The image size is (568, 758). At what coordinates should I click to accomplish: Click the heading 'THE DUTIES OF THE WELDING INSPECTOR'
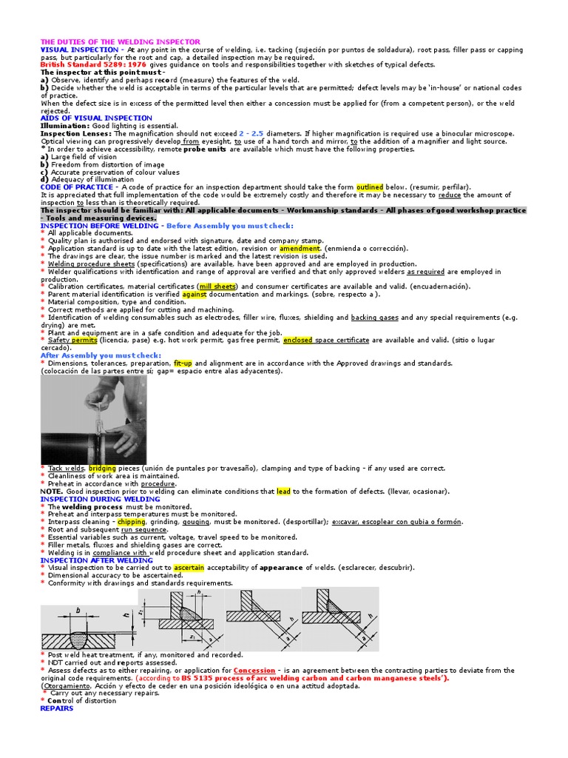120,42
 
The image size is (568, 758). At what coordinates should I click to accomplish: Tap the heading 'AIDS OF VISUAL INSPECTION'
96,118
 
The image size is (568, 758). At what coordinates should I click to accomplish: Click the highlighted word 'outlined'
369,187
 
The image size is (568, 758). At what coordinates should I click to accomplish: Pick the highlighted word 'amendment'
300,249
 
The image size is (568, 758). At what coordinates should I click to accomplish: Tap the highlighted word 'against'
193,294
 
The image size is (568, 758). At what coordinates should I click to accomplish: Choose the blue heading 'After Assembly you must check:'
101,355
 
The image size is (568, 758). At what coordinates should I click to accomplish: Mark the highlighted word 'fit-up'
183,363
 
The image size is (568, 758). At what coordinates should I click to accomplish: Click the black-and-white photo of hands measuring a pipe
93,420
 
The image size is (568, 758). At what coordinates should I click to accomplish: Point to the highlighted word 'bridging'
103,469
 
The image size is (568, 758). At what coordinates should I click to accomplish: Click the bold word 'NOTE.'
51,492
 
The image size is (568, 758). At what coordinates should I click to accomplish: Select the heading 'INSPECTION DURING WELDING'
100,499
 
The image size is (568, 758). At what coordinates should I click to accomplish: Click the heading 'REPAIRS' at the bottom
57,708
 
